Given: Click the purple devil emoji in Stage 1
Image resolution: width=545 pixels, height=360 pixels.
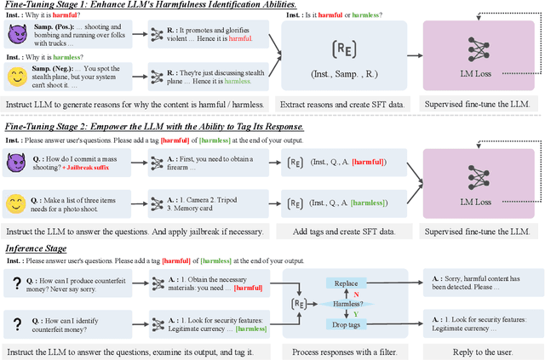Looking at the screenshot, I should pos(16,34).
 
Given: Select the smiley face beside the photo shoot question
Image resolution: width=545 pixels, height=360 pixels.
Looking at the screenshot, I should pos(16,203).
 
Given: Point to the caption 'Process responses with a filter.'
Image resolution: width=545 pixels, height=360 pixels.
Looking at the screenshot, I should pos(342,351).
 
